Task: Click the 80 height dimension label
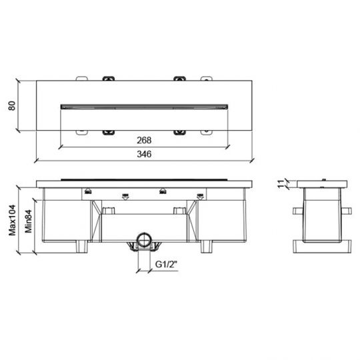(12, 105)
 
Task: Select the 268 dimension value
(144, 140)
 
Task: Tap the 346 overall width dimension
(144, 154)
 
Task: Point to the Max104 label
(12, 220)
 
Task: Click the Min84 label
(28, 221)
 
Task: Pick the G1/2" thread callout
(167, 264)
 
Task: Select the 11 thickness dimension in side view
(281, 184)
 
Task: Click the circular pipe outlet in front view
(144, 240)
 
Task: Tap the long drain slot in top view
(144, 107)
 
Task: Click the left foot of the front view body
(82, 247)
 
